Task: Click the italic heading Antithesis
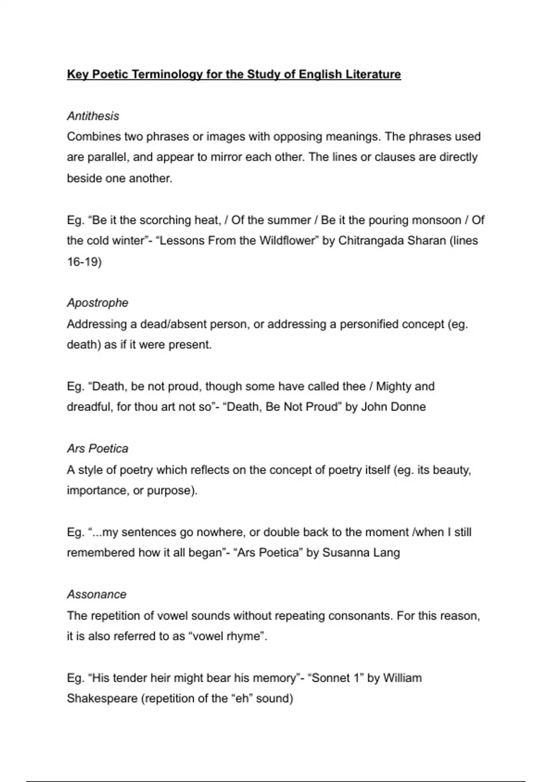coord(93,116)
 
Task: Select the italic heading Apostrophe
coord(98,303)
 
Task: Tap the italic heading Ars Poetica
coord(98,448)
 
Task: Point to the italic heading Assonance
coord(97,594)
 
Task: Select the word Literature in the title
coord(373,75)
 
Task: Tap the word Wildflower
coord(286,241)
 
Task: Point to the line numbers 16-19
coord(84,262)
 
